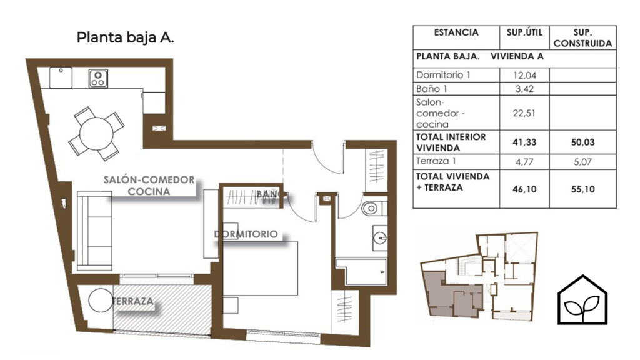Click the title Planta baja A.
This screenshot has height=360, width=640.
(125, 37)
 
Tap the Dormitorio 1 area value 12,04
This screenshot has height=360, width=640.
(524, 75)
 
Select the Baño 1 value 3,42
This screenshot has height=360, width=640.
(524, 89)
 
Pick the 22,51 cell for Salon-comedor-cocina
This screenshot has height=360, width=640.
(524, 113)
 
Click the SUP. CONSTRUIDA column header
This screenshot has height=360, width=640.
(583, 37)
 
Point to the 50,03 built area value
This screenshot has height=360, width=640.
(583, 142)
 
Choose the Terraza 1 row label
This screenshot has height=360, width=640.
(436, 161)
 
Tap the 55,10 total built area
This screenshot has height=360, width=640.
(583, 189)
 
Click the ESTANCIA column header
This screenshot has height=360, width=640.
(456, 32)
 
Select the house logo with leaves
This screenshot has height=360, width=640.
(582, 300)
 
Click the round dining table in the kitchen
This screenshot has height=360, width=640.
(96, 134)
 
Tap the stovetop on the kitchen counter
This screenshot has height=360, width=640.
(98, 78)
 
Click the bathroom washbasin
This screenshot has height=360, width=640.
(379, 237)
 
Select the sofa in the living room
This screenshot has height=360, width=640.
(95, 231)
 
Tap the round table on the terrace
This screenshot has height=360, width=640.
(101, 301)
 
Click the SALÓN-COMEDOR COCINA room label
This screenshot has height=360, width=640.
(149, 186)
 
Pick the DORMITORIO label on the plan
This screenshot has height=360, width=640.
(246, 234)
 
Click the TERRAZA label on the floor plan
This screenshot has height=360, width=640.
(134, 302)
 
